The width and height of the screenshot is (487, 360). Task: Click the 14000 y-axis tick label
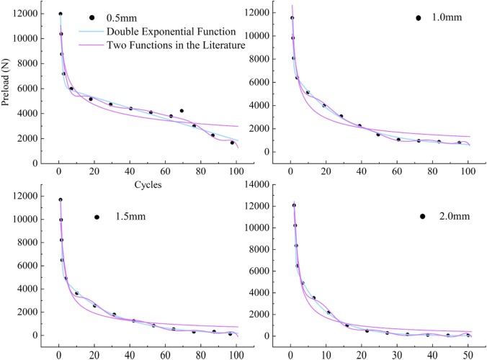tap(264, 184)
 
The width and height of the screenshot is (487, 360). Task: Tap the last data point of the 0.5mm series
tap(232, 143)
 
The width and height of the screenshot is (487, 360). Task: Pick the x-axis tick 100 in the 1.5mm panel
tap(236, 354)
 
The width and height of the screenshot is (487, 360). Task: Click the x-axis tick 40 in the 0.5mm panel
tap(130, 173)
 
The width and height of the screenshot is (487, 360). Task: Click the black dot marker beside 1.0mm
tap(418, 17)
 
